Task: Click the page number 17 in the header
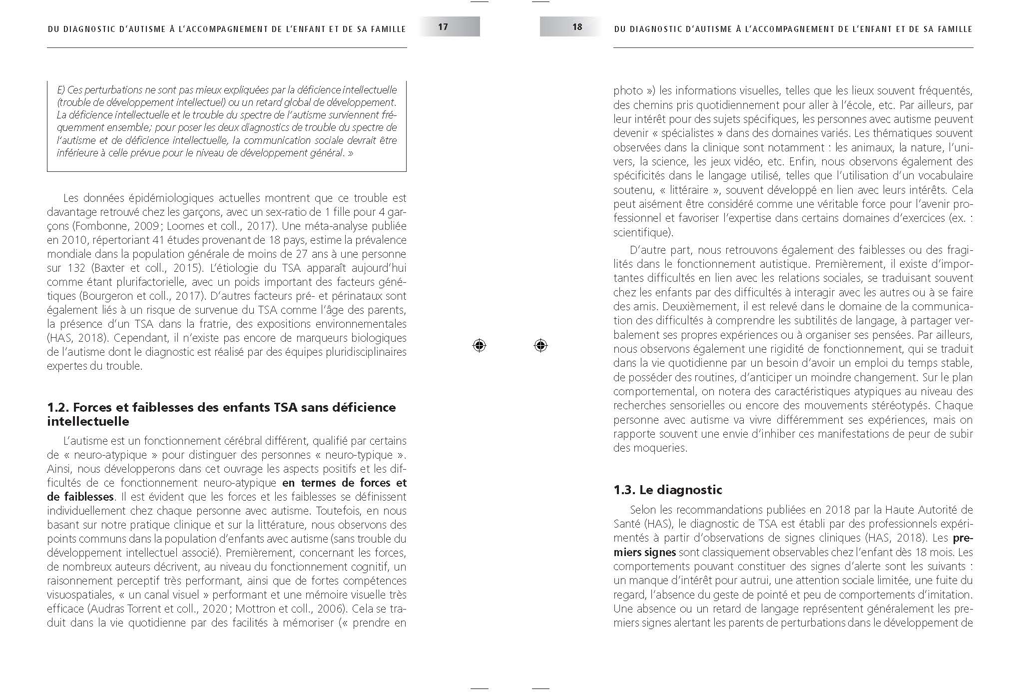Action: [x=443, y=26]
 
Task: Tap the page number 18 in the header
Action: [x=577, y=26]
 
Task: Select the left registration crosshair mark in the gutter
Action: [x=479, y=345]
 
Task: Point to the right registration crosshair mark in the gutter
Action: [x=540, y=345]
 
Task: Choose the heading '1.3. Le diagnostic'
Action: [x=667, y=490]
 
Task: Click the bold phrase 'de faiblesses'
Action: [x=80, y=497]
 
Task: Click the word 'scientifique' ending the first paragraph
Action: [x=641, y=232]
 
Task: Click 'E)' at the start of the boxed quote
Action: [x=61, y=90]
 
